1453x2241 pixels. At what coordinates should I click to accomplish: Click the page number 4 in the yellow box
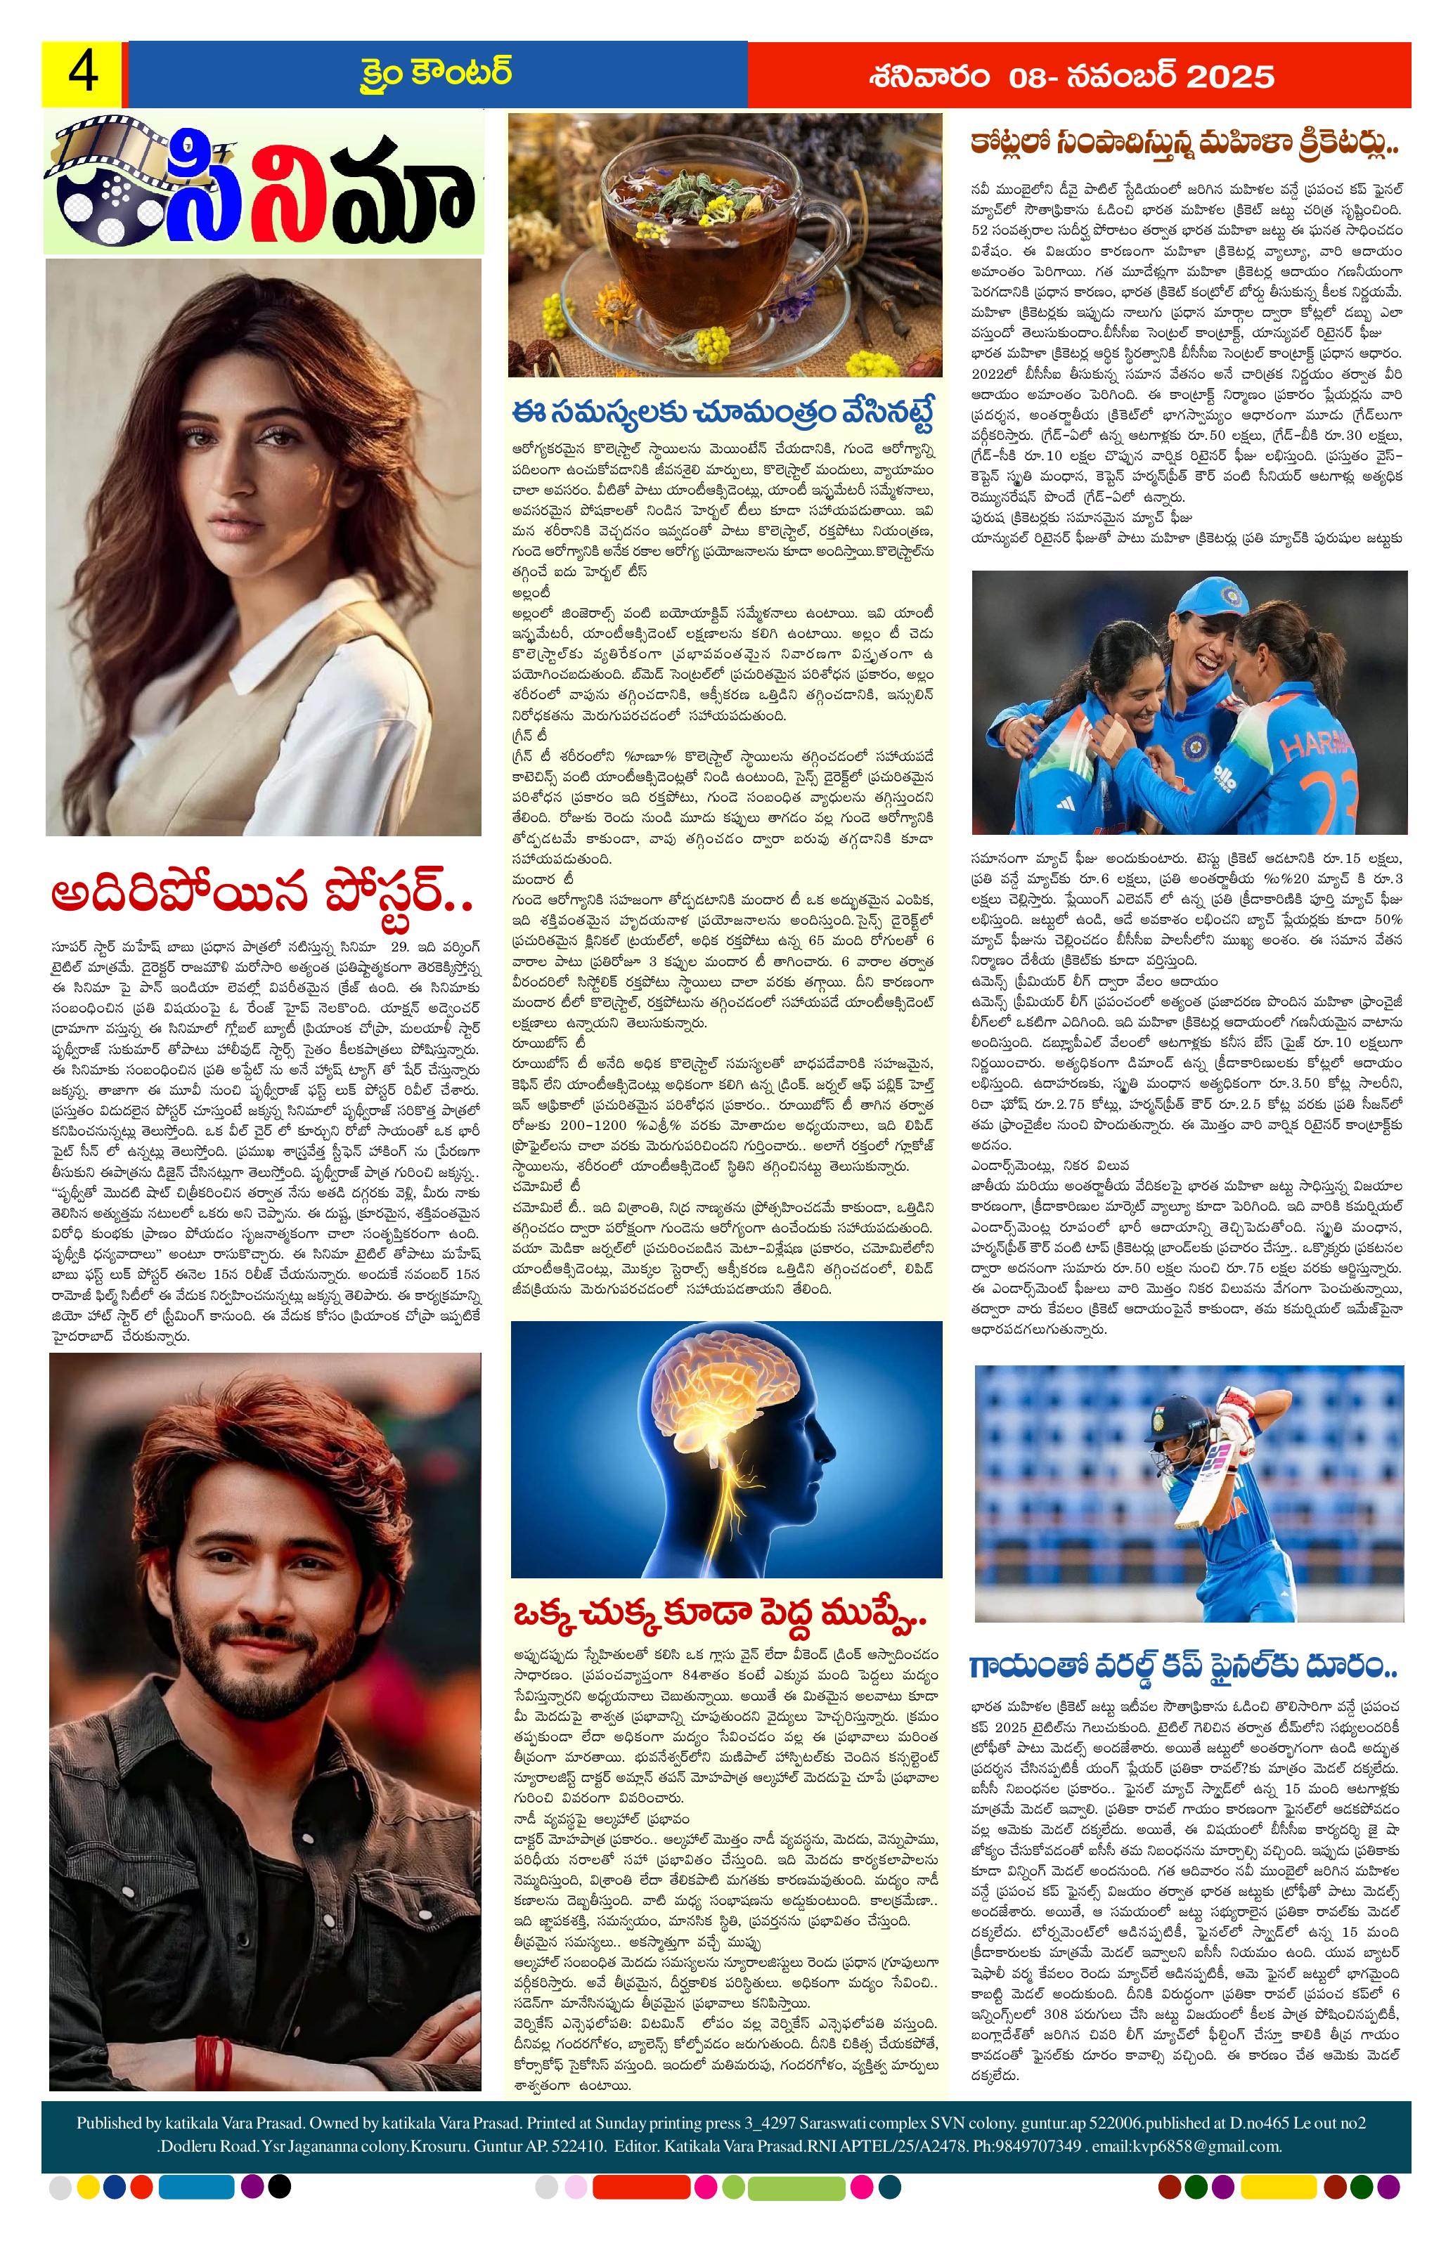pos(83,74)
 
